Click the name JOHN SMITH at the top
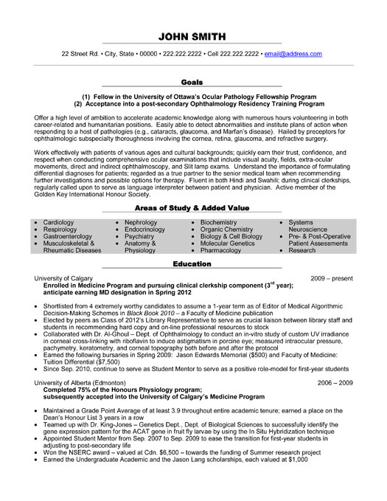click(x=193, y=37)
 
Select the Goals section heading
click(x=192, y=83)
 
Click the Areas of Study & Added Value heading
click(x=192, y=210)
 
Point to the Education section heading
click(x=192, y=263)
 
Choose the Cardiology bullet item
click(x=58, y=222)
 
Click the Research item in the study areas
click(x=302, y=250)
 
